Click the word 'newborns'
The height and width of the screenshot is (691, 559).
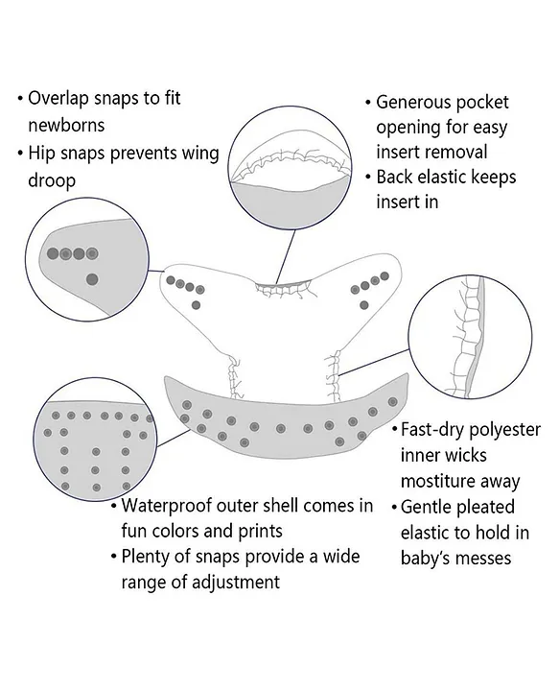click(x=66, y=125)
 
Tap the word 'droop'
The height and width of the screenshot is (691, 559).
click(x=52, y=180)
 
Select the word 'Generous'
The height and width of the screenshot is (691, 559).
click(x=412, y=103)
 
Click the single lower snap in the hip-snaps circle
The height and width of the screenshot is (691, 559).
click(x=92, y=279)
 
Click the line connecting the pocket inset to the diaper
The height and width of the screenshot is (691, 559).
click(x=286, y=256)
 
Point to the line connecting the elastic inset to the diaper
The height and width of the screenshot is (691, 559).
click(x=375, y=363)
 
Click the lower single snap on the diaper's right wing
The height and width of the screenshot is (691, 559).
click(x=364, y=305)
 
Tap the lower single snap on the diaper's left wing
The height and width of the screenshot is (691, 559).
click(x=197, y=305)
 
